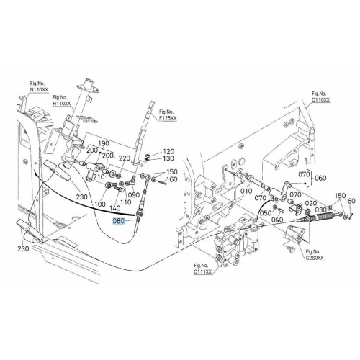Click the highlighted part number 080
(x=119, y=221)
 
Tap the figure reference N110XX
(x=39, y=90)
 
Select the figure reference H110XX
(x=62, y=104)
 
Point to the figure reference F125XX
(x=168, y=118)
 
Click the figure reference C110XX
(x=321, y=99)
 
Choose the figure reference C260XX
(x=315, y=258)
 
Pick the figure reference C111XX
(x=203, y=272)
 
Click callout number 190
(x=104, y=143)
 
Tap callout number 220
(x=125, y=158)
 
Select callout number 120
(x=168, y=152)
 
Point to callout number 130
(x=168, y=158)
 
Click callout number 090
(x=134, y=194)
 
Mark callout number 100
(x=100, y=204)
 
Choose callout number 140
(x=114, y=208)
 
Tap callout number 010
(x=246, y=191)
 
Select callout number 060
(x=320, y=178)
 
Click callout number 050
(x=266, y=213)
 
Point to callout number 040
(x=277, y=220)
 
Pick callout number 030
(x=321, y=210)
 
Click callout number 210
(x=99, y=177)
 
